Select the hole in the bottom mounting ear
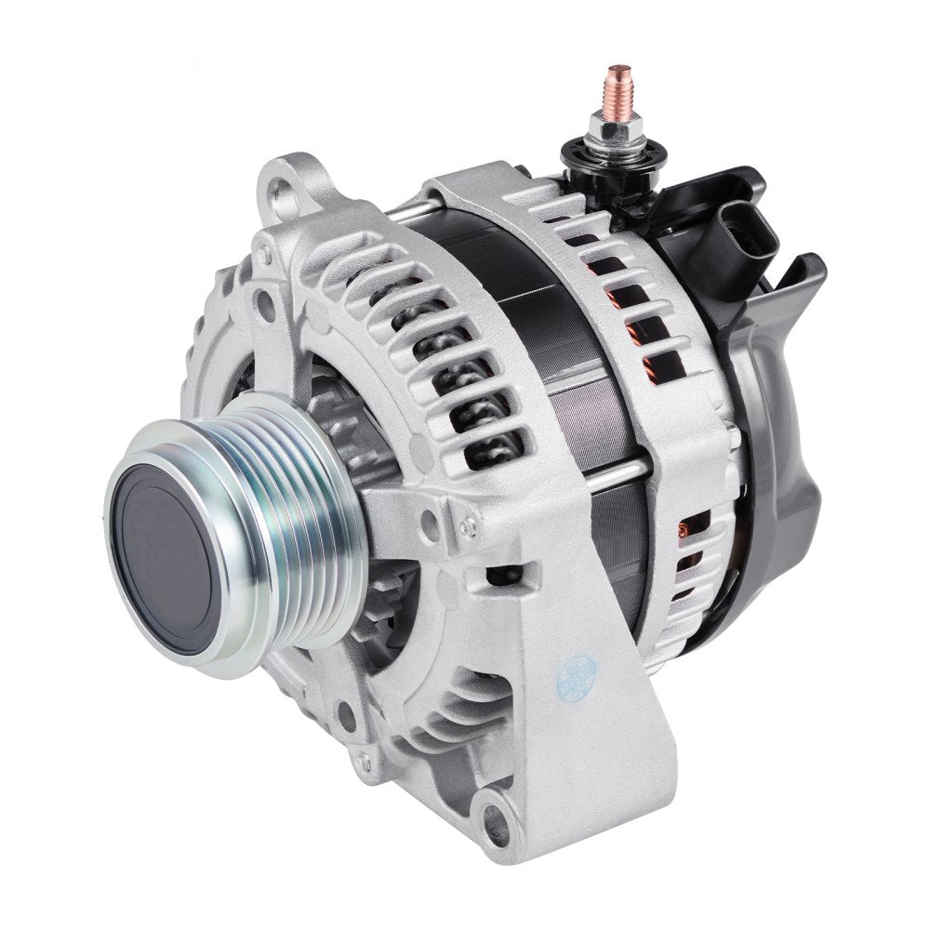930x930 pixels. click(503, 821)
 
